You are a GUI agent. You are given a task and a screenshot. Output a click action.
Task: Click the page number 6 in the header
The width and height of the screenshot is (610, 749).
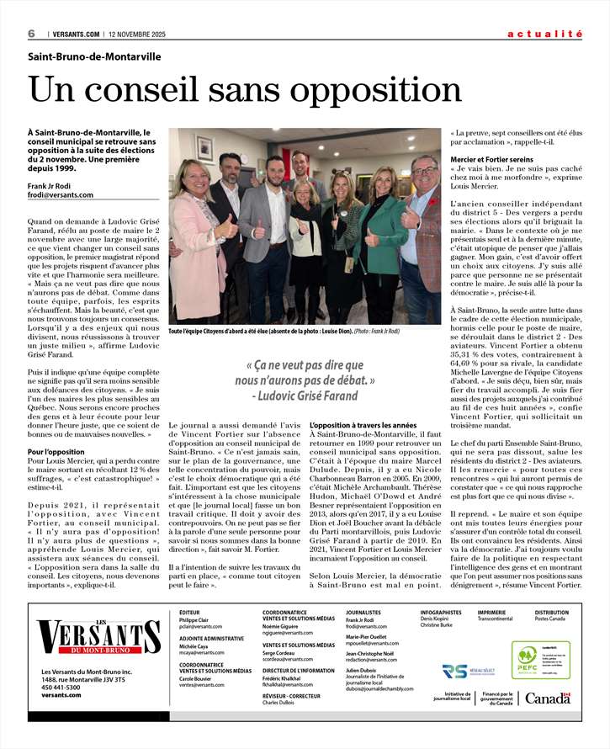pyautogui.click(x=31, y=34)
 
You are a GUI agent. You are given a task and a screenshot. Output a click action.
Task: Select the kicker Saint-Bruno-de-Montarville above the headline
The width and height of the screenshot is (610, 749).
pyautogui.click(x=94, y=57)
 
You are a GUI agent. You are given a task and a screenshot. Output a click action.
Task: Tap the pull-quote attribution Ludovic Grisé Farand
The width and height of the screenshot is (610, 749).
pyautogui.click(x=305, y=396)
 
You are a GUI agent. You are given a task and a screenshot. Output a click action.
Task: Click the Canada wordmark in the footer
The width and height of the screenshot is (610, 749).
pyautogui.click(x=547, y=698)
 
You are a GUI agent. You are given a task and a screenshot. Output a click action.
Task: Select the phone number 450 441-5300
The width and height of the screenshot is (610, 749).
pyautogui.click(x=61, y=688)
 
